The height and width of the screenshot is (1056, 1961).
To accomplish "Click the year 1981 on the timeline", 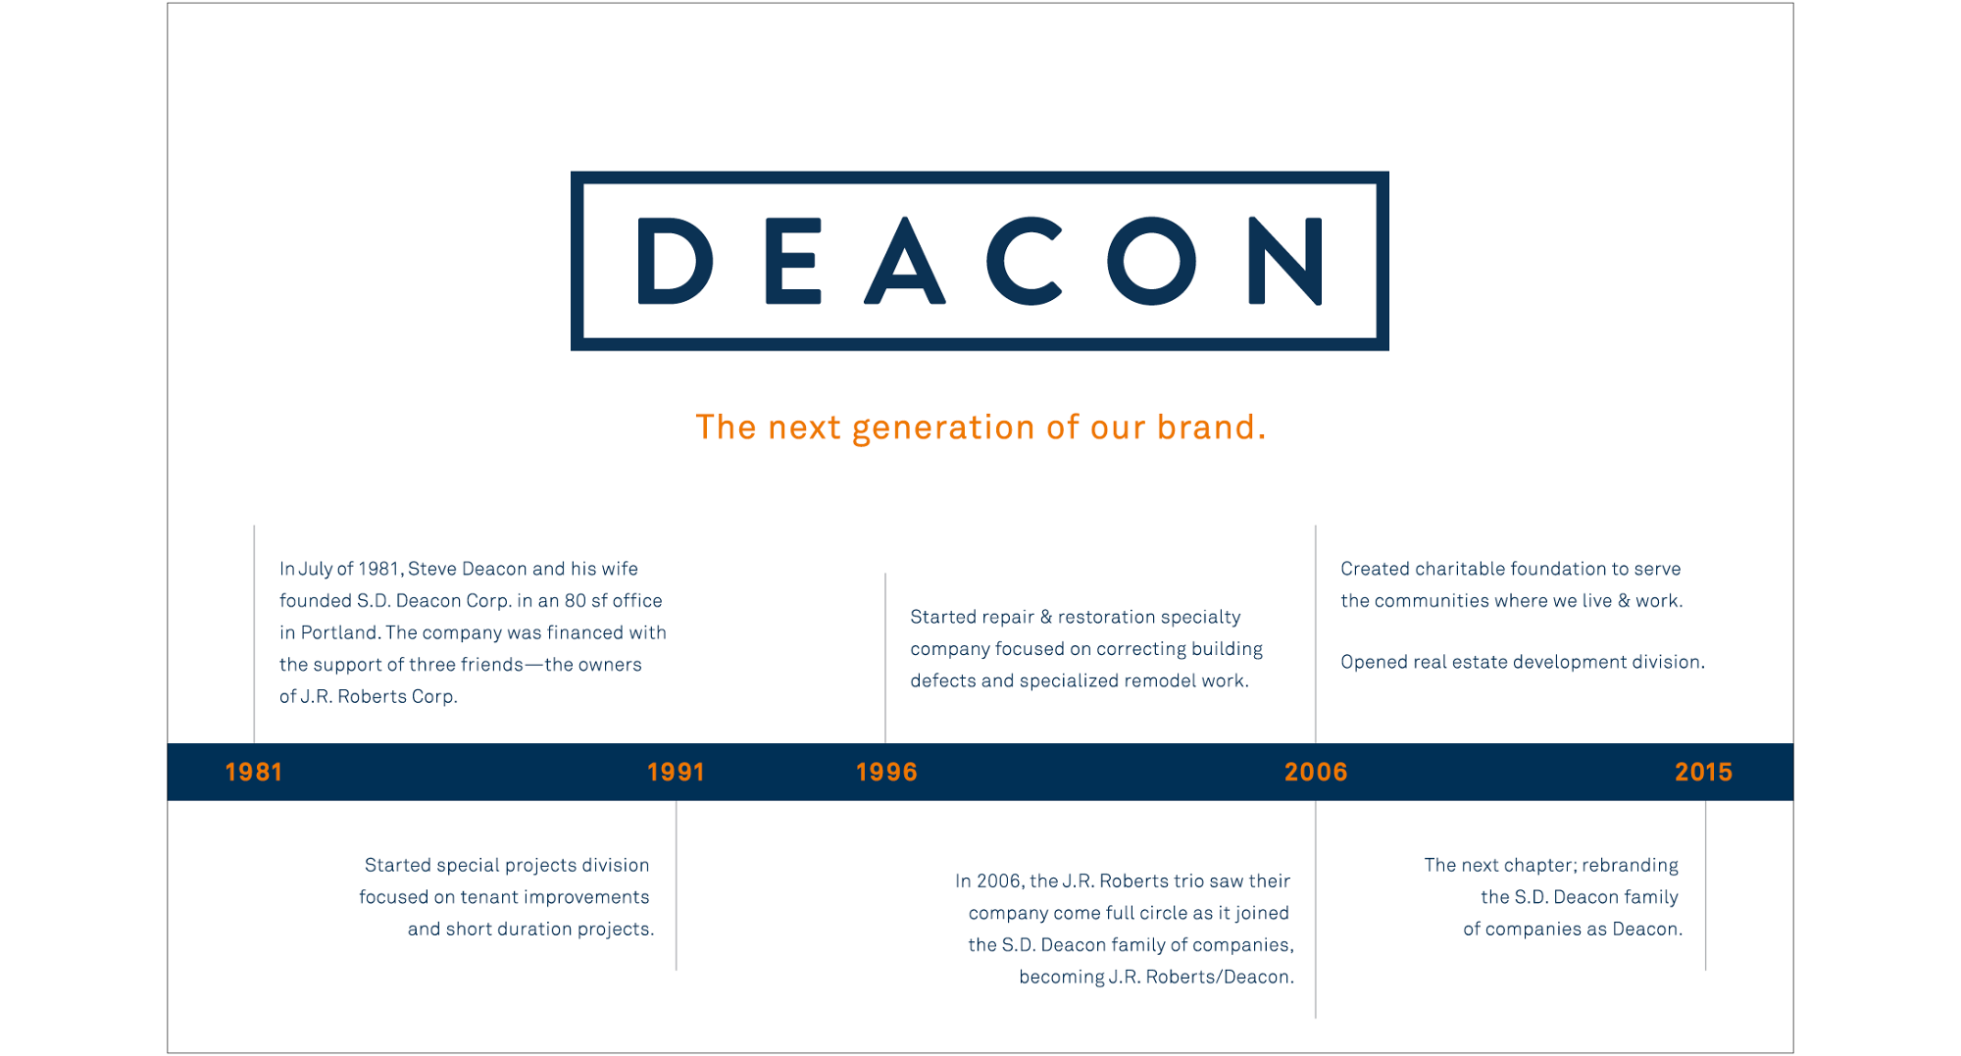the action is coord(254,773).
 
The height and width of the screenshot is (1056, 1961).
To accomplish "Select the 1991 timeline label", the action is coord(676,773).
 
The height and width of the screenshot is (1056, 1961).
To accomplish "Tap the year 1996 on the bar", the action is coord(886,773).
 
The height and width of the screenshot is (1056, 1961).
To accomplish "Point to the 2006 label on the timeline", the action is coord(1316,773).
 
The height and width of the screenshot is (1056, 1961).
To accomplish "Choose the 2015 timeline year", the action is coord(1703,773).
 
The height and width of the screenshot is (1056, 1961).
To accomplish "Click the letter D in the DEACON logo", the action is coord(675,261).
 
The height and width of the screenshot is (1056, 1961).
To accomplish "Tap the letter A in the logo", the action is coord(904,261).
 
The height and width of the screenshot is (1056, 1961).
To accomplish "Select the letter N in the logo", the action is coord(1285,261).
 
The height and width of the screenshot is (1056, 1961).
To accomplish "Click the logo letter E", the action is coord(792,261).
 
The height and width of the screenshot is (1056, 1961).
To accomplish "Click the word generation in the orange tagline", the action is coord(943,428).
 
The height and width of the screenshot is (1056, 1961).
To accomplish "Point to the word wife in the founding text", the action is coord(620,569).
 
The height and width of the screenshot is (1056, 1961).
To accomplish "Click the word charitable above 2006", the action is coord(1460,569).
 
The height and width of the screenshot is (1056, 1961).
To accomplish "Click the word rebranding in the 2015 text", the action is coord(1630,866).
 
